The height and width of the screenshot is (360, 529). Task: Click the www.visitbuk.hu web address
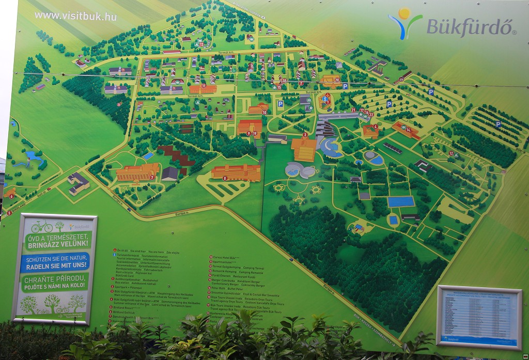click(x=75, y=15)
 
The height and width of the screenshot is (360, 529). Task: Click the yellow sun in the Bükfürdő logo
click(x=404, y=13)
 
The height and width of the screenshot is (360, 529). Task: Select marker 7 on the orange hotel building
click(x=152, y=177)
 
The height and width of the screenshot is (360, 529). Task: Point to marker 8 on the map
click(x=225, y=178)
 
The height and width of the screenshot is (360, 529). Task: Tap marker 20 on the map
click(x=337, y=80)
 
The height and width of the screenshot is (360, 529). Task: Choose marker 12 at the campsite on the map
click(x=451, y=153)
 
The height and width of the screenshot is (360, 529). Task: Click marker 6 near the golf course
click(x=11, y=196)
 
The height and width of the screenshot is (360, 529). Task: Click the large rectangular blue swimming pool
click(x=401, y=201)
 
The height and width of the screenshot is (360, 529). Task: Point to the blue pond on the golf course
click(x=32, y=154)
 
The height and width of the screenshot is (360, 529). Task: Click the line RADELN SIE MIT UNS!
click(x=55, y=268)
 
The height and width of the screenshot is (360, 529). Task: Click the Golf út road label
click(x=15, y=206)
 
